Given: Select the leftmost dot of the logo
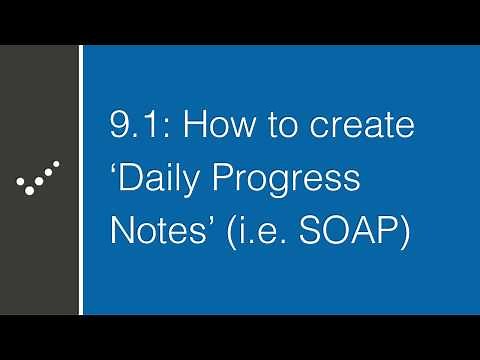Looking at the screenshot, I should [x=21, y=181].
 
